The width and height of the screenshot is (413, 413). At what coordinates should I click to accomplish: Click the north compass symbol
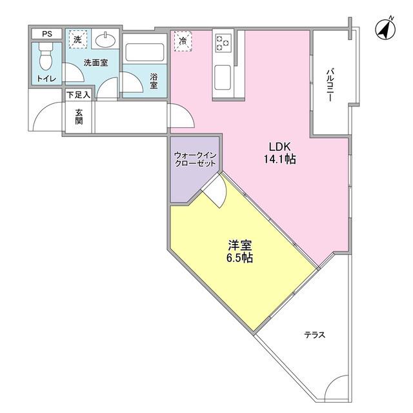pyautogui.click(x=386, y=29)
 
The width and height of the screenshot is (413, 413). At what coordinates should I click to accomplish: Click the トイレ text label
pyautogui.click(x=46, y=79)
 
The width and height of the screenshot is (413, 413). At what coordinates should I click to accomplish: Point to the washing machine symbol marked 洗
pyautogui.click(x=77, y=40)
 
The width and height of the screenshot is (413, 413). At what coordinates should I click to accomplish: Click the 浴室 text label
pyautogui.click(x=154, y=81)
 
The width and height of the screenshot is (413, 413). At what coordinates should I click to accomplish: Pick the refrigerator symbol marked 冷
pyautogui.click(x=183, y=41)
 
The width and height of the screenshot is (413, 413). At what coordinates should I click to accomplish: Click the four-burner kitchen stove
pyautogui.click(x=223, y=43)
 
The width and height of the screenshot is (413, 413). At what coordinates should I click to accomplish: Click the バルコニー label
pyautogui.click(x=330, y=83)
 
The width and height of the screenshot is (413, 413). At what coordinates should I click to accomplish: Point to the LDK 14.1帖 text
pyautogui.click(x=282, y=153)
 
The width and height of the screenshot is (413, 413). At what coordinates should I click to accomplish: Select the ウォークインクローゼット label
pyautogui.click(x=195, y=159)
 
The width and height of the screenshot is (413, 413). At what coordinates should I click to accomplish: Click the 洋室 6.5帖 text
pyautogui.click(x=239, y=251)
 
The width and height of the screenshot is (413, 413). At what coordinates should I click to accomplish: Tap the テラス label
pyautogui.click(x=314, y=336)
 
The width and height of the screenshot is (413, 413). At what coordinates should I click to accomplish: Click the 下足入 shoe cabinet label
pyautogui.click(x=79, y=95)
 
